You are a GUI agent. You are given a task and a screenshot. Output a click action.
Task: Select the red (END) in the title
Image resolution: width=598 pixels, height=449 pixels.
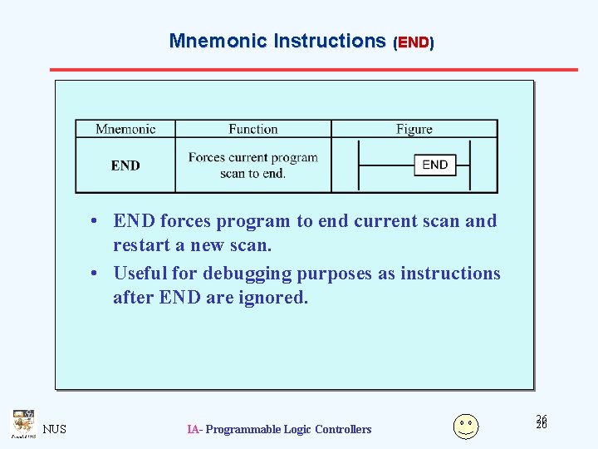coord(414,42)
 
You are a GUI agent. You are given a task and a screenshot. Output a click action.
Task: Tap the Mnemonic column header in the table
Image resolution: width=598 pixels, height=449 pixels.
coord(125,129)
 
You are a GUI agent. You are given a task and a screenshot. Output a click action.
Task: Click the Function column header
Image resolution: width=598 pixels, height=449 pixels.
coord(253,129)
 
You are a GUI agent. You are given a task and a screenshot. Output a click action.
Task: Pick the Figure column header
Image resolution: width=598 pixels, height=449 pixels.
coord(414,129)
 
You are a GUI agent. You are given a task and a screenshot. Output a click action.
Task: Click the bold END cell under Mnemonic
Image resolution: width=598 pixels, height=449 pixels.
coord(125,165)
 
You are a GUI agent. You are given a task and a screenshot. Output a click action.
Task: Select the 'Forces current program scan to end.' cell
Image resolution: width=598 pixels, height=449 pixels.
coord(253,165)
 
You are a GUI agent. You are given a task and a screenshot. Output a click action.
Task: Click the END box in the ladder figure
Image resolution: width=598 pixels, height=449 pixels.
coord(435,165)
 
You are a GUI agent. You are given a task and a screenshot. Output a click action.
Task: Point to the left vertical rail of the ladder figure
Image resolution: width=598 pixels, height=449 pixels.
coord(358,165)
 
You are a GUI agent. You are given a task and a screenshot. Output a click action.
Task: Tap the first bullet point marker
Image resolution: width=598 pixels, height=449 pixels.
coord(97,221)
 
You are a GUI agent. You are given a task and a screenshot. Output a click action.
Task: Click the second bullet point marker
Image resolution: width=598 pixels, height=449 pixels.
coord(97,274)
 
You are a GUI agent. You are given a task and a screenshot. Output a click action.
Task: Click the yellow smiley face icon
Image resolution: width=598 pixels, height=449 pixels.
coord(466,426)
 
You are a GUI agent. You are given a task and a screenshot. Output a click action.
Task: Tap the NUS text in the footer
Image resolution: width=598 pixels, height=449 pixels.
coord(55,429)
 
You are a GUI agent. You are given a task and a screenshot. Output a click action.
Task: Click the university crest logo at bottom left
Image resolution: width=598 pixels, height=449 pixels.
coord(22,423)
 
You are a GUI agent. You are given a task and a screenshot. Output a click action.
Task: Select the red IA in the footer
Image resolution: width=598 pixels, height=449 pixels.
coord(193,429)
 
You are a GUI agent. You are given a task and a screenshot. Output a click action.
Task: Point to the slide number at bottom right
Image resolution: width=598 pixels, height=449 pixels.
coord(542,422)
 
